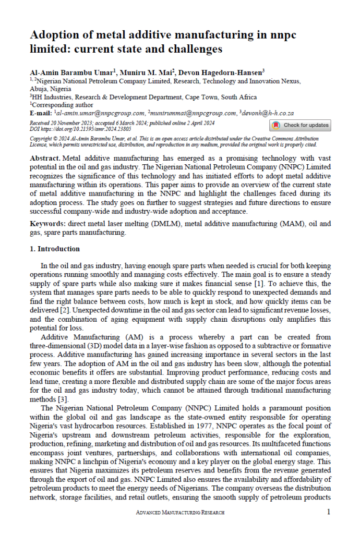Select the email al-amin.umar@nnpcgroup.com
click(x=100, y=113)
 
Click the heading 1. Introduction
click(x=55, y=249)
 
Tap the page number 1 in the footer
click(x=328, y=512)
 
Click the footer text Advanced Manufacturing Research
click(x=180, y=513)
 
